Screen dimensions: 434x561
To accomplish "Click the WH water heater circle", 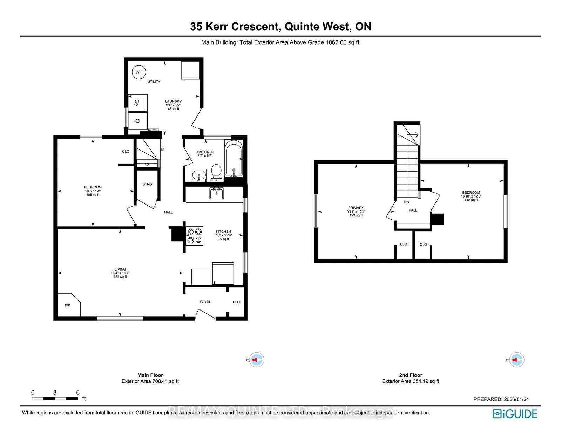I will [139, 72].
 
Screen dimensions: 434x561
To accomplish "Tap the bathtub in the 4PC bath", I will [233, 158].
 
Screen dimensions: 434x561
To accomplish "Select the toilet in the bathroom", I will [216, 172].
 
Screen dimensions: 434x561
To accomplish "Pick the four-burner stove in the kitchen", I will [194, 236].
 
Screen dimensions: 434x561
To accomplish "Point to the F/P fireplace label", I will [67, 305].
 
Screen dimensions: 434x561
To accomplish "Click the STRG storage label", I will [147, 184].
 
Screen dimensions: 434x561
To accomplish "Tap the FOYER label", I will [205, 302].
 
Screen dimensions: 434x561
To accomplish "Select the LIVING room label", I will [120, 269].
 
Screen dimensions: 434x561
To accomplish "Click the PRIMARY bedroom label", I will [356, 208].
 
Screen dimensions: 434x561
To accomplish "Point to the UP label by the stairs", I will [163, 149].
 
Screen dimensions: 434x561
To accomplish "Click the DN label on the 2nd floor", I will [407, 202].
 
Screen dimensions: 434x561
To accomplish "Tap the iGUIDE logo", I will [515, 414].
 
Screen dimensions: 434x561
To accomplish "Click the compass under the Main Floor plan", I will [257, 360].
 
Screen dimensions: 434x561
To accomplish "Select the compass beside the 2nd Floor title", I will [516, 360].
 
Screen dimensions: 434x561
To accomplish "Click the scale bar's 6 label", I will [78, 392].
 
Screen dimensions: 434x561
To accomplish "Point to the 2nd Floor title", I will [411, 375].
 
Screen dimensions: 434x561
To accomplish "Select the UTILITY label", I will [154, 82].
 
